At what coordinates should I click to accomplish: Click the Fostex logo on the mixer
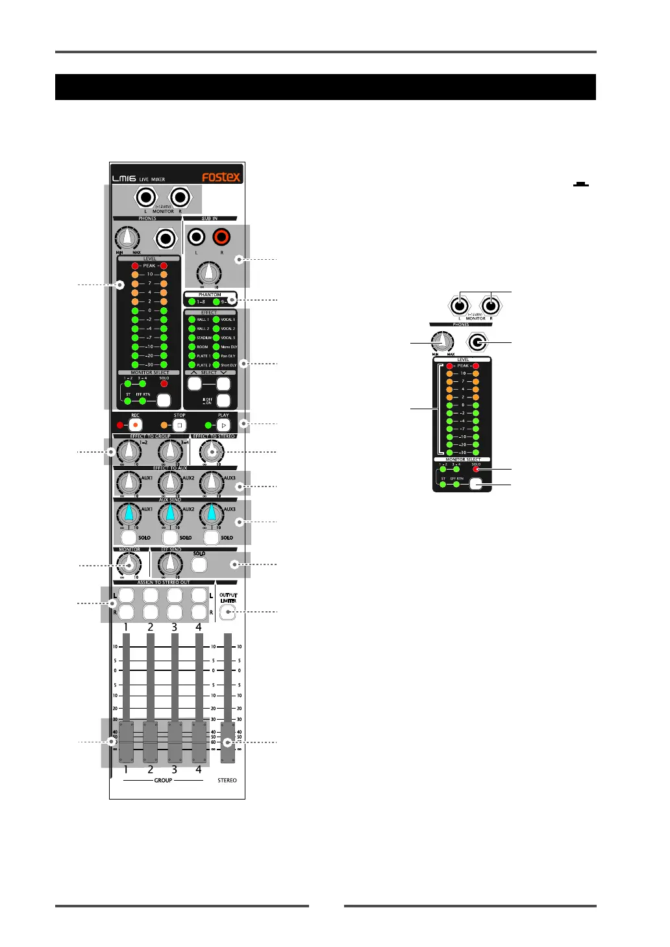coord(221,177)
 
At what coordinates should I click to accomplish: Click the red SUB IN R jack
coord(221,237)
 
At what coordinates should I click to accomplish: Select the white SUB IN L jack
coord(196,237)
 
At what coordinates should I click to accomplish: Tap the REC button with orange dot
coord(136,425)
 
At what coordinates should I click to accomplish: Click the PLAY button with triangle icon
coord(223,425)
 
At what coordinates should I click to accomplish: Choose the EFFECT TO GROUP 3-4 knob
coord(170,451)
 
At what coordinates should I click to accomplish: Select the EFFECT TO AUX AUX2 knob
coord(170,483)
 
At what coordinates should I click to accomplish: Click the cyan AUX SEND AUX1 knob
coord(129,514)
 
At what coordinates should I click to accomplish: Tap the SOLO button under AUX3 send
coord(211,537)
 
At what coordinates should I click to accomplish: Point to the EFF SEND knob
coord(170,564)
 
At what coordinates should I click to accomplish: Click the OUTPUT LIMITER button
coord(227,611)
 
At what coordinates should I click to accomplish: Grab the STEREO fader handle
coord(227,742)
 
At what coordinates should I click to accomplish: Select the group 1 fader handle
coord(126,742)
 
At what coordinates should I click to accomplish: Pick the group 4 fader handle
coord(199,742)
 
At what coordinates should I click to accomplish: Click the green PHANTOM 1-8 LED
coord(192,302)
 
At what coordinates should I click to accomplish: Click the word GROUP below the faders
coord(163,780)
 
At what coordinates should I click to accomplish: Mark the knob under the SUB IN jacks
coord(209,273)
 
